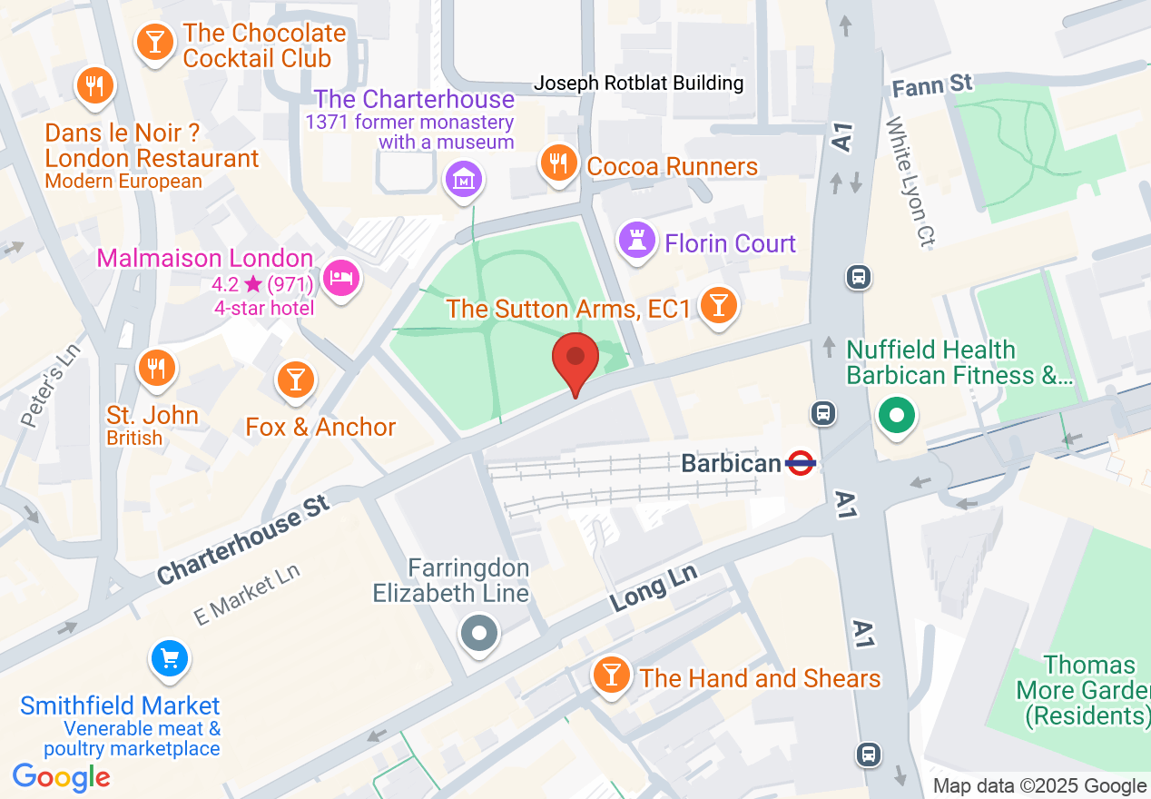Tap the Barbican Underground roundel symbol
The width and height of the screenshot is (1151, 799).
801,463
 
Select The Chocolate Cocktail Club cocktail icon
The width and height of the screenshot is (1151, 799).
155,42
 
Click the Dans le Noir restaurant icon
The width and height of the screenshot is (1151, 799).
94,86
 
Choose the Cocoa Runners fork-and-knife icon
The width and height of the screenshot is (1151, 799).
558,163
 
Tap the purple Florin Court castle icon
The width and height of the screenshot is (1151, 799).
636,242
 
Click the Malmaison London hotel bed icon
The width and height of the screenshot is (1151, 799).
341,276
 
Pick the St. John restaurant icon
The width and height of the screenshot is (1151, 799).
156,368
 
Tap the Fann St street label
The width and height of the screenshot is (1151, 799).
932,86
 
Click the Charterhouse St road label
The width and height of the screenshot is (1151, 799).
242,545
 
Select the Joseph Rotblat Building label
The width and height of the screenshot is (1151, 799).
638,84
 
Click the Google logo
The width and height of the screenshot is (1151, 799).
62,777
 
